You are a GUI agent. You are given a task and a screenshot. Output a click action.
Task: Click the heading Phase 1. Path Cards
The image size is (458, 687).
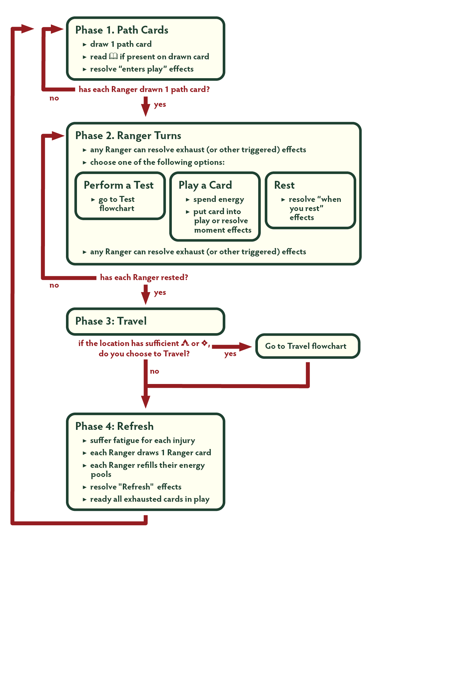pyautogui.click(x=122, y=30)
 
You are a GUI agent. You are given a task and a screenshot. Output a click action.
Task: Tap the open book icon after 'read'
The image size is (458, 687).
pyautogui.click(x=113, y=56)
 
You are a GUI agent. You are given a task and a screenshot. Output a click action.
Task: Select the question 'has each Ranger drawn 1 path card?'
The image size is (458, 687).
pyautogui.click(x=144, y=89)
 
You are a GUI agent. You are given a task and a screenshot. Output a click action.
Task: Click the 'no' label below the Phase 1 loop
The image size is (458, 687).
pyautogui.click(x=54, y=98)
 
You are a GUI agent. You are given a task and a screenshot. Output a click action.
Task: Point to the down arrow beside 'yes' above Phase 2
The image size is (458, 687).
pyautogui.click(x=145, y=107)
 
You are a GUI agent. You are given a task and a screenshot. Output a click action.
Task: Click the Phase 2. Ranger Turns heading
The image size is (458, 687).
pyautogui.click(x=128, y=136)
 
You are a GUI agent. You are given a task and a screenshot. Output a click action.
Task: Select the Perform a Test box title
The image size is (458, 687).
pyautogui.click(x=118, y=185)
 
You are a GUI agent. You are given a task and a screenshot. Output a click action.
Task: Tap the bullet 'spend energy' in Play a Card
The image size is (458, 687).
pyautogui.click(x=218, y=199)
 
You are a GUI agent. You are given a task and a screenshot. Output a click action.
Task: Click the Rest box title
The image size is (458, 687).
pyautogui.click(x=284, y=185)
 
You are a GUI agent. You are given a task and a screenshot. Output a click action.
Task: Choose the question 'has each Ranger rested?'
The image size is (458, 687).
pyautogui.click(x=144, y=278)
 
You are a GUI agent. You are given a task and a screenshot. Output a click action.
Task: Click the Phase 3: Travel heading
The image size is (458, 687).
pyautogui.click(x=111, y=321)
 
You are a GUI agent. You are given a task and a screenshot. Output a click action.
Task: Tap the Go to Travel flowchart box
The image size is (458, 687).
pyautogui.click(x=306, y=346)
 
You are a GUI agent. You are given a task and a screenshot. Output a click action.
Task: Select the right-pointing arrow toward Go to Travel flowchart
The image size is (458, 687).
pyautogui.click(x=232, y=347)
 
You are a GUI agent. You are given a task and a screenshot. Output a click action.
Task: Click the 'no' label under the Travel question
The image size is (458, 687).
pyautogui.click(x=154, y=371)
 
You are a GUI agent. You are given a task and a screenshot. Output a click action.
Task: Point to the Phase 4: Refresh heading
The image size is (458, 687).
pyautogui.click(x=114, y=426)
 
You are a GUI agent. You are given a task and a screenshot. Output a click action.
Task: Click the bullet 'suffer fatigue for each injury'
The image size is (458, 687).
pyautogui.click(x=142, y=441)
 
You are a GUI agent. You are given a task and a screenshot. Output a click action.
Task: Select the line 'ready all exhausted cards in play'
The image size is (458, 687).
pyautogui.click(x=150, y=499)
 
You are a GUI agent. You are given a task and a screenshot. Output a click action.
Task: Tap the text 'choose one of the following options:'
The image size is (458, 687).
pyautogui.click(x=157, y=162)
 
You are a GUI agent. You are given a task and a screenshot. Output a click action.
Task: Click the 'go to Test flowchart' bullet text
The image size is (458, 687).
pyautogui.click(x=117, y=204)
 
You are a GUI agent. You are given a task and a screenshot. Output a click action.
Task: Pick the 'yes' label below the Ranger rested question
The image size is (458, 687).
pyautogui.click(x=160, y=293)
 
